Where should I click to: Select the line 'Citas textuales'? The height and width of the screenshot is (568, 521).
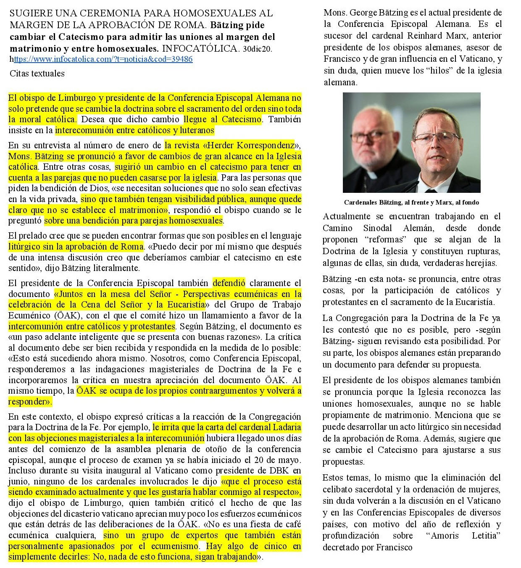[x=37, y=74]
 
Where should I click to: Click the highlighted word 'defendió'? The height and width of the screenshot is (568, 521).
[x=229, y=283]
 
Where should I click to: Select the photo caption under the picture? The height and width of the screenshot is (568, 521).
[x=411, y=202]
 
